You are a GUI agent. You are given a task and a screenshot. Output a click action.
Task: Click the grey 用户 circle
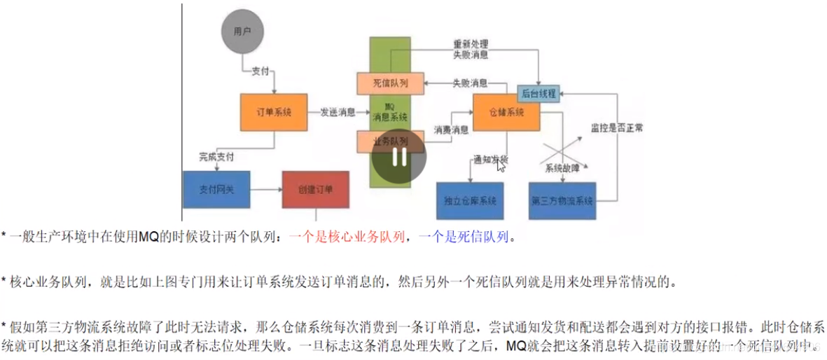pos(242,32)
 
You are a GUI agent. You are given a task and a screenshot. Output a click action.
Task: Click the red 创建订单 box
pos(315,189)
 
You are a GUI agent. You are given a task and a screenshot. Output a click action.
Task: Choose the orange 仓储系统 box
pos(507,112)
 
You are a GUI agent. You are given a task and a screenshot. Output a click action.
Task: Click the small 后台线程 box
pos(539,93)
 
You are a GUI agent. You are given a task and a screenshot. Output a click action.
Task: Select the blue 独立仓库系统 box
pos(470,201)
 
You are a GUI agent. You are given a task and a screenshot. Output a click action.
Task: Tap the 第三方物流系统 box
pos(562,201)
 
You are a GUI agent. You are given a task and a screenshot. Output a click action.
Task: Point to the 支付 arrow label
pos(260,72)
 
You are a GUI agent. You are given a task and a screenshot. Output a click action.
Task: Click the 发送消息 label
pos(338,112)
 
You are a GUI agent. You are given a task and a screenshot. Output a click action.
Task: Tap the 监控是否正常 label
pos(617,128)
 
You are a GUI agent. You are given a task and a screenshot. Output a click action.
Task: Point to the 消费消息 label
pos(451,130)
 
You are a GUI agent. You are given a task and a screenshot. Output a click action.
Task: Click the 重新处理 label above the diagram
pos(471,43)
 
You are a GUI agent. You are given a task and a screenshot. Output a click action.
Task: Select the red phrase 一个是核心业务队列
pos(347,237)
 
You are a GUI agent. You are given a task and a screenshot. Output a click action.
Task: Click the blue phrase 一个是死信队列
pos(463,237)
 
